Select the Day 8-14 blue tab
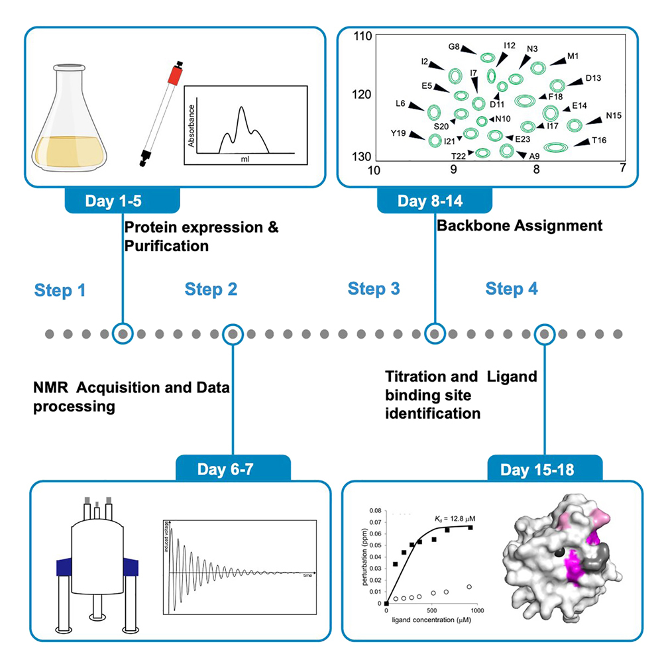tap(435, 201)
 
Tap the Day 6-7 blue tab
tap(233, 470)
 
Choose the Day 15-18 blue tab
tap(545, 470)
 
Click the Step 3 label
tap(374, 289)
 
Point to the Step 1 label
tap(60, 290)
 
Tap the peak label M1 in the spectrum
tap(573, 57)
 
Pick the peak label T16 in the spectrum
tap(599, 140)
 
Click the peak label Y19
tap(398, 133)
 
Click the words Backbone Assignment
tap(520, 226)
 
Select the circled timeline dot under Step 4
tap(545, 333)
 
